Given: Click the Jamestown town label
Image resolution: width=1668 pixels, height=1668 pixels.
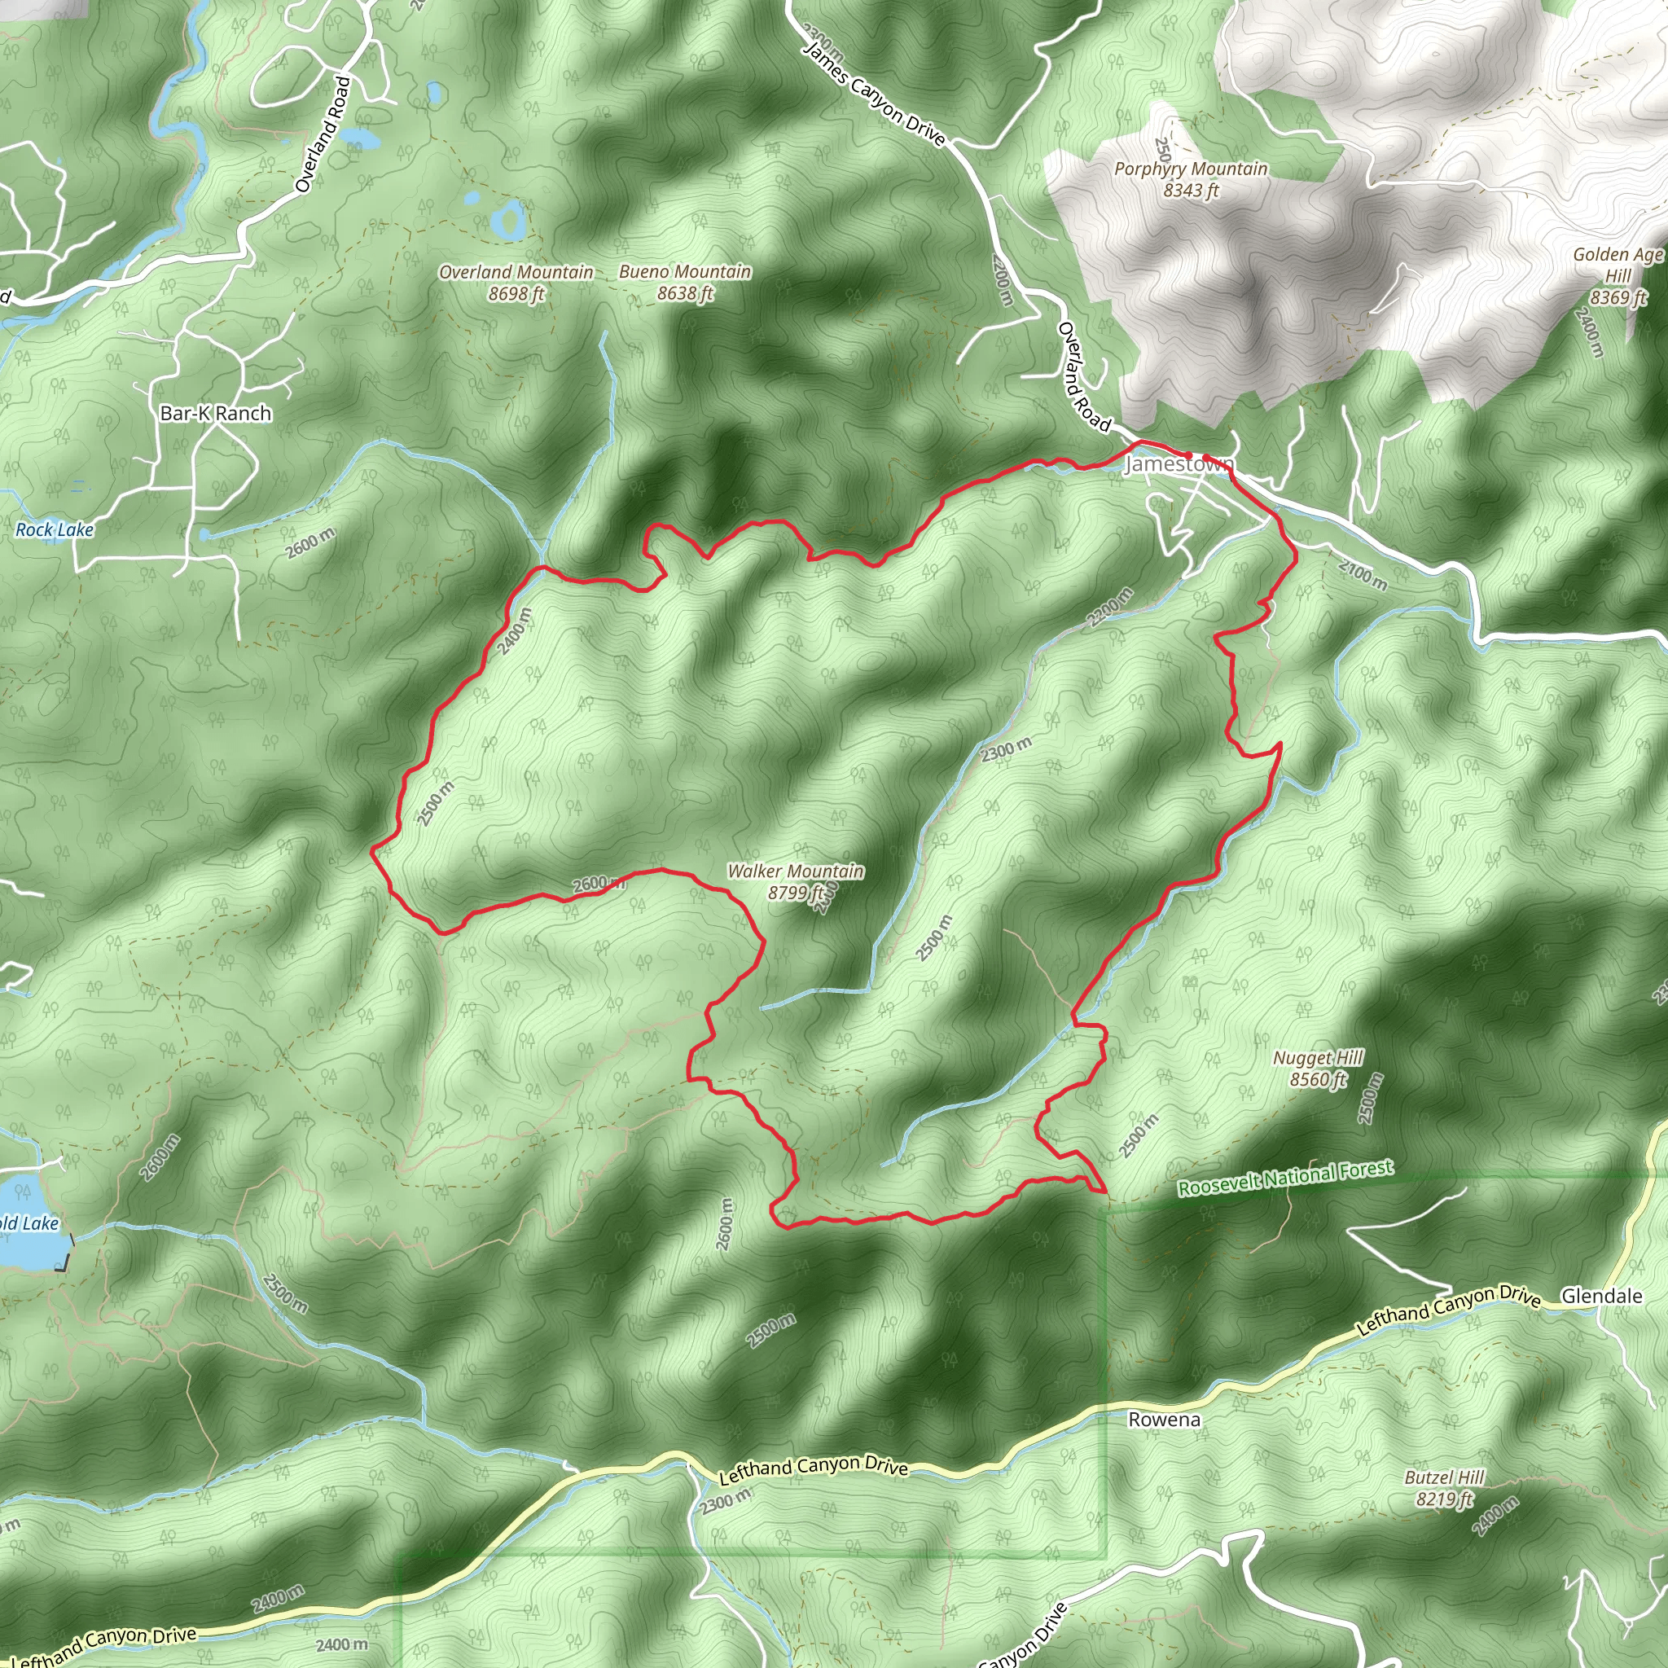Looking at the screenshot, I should pyautogui.click(x=1179, y=464).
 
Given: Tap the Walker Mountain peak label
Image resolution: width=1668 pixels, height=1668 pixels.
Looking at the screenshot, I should pyautogui.click(x=795, y=881).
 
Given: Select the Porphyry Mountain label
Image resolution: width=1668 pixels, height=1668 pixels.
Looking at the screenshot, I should pyautogui.click(x=1191, y=178).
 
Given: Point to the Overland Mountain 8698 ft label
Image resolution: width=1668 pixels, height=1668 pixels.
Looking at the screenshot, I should pyautogui.click(x=516, y=283).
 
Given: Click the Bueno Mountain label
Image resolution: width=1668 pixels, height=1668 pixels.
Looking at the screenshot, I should pyautogui.click(x=685, y=283).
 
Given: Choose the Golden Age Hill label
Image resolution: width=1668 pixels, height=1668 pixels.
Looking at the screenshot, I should pyautogui.click(x=1617, y=275).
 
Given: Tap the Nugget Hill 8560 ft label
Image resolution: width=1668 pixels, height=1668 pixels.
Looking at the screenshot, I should pyautogui.click(x=1318, y=1068).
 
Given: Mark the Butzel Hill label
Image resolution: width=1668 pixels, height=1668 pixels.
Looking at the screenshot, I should pyautogui.click(x=1443, y=1489).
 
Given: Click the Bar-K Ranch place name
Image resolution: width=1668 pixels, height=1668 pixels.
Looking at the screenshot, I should pyautogui.click(x=216, y=414).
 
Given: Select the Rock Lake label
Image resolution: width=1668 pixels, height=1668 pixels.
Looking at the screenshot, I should pyautogui.click(x=55, y=530).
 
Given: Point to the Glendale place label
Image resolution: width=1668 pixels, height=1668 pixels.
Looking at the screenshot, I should pyautogui.click(x=1601, y=1296).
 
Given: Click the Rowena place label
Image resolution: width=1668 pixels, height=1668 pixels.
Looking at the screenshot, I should pyautogui.click(x=1164, y=1420).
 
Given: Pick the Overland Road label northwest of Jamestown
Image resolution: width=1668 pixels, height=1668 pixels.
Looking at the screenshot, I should pyautogui.click(x=1082, y=376).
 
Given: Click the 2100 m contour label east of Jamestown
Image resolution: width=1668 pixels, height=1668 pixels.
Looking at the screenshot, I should pyautogui.click(x=1363, y=575).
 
